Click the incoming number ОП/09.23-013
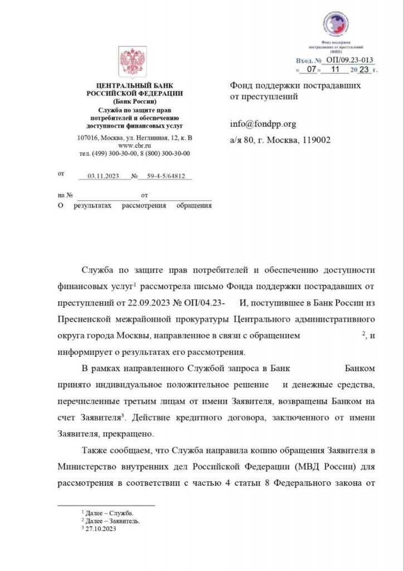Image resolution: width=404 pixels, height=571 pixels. pos(349,60)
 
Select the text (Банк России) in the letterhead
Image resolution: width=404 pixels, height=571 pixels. pos(134,102)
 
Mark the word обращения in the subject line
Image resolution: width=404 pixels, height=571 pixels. pos(193,206)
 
